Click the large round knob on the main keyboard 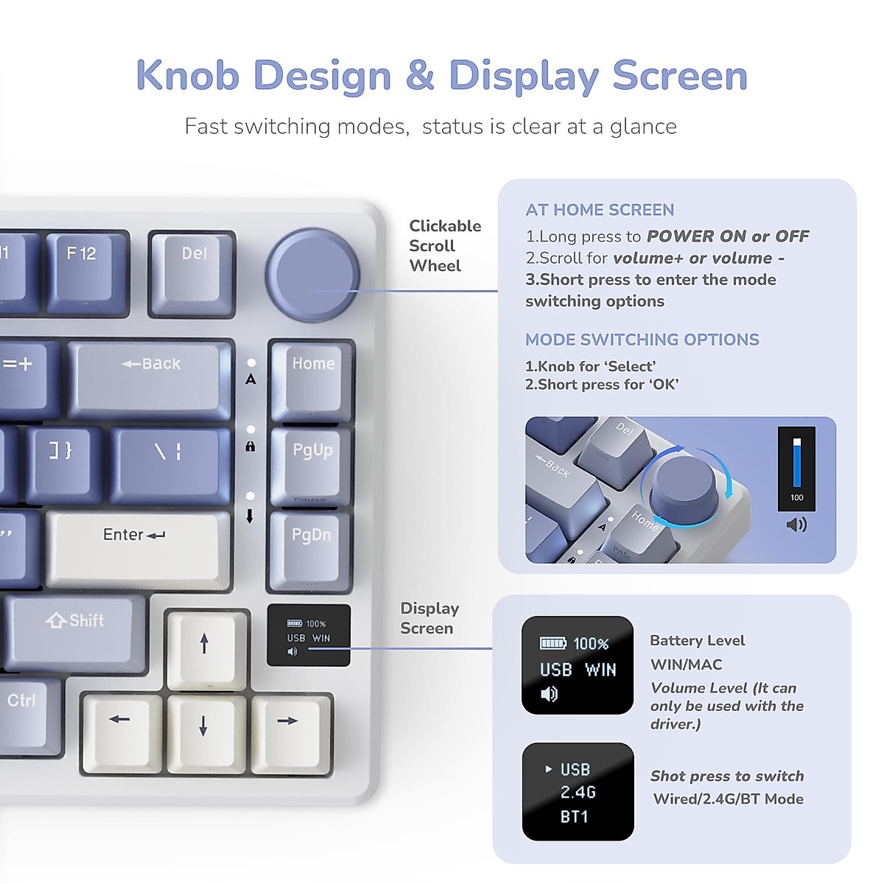312,276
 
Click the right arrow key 289,729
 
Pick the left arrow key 120,729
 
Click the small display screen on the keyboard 308,635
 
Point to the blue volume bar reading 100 796,464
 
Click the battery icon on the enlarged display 552,643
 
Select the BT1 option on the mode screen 575,816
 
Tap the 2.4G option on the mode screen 578,793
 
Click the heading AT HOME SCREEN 600,210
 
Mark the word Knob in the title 188,75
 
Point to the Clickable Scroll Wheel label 444,245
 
